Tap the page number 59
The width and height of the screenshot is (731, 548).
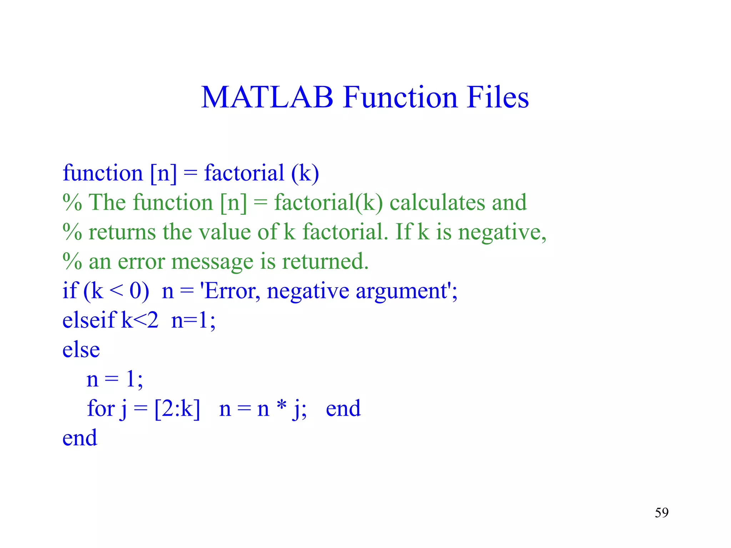(x=661, y=513)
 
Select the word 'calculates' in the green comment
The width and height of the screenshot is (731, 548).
(x=437, y=202)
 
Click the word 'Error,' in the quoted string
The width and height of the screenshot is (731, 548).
(x=232, y=291)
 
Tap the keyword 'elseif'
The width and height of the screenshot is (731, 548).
(x=89, y=320)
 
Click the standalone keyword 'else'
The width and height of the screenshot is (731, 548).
(x=81, y=350)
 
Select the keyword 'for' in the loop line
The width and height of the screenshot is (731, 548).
(x=101, y=408)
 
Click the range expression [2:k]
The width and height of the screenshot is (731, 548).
(x=177, y=409)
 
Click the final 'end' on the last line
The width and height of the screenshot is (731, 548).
(x=80, y=438)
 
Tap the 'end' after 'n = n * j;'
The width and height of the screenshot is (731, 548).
(x=343, y=409)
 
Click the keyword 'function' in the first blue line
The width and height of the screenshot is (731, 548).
(x=103, y=173)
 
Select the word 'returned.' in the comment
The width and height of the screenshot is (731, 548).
(x=325, y=262)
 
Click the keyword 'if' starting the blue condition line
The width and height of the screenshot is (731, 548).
(x=70, y=291)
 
